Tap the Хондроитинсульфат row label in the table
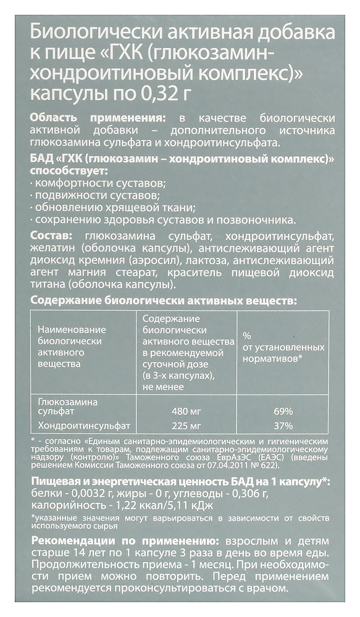point(84,426)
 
